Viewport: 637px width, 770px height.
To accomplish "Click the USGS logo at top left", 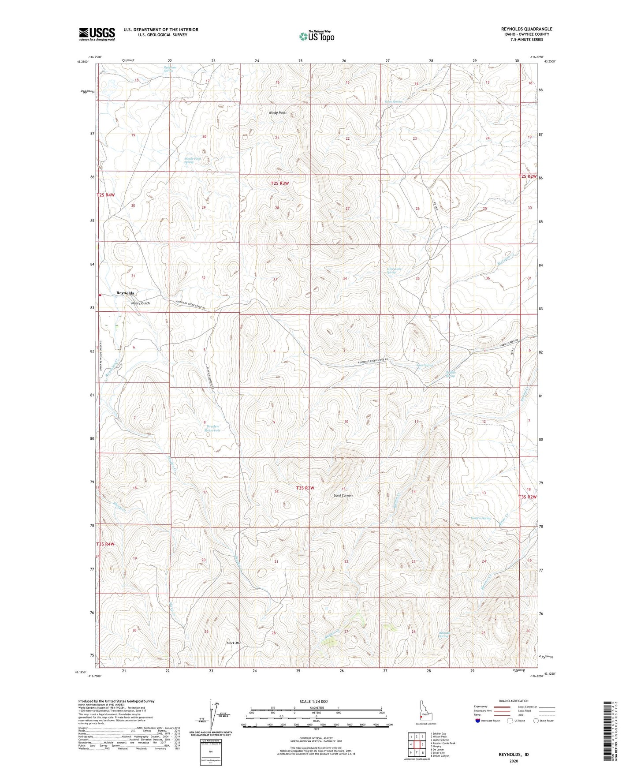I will click(x=97, y=34).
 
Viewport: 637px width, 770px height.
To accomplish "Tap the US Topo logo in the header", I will click(x=316, y=36).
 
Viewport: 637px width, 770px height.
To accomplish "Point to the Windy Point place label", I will click(x=277, y=113).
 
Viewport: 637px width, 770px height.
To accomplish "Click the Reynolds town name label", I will click(x=125, y=293).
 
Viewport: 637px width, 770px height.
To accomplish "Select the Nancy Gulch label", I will click(x=141, y=303).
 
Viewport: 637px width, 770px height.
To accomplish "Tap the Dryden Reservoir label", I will click(x=212, y=427).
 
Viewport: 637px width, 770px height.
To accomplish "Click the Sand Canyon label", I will click(x=343, y=495).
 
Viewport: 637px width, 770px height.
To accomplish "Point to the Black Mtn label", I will click(x=234, y=643).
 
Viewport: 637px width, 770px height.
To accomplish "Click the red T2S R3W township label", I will click(x=279, y=183).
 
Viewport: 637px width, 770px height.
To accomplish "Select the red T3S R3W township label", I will click(x=305, y=488).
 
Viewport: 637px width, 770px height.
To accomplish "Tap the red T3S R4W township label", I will click(x=105, y=544).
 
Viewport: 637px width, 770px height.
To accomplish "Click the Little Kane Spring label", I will click(x=394, y=270).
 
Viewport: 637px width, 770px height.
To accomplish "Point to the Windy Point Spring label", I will click(x=192, y=160).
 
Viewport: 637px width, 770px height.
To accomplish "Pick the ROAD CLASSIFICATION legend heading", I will click(x=513, y=701).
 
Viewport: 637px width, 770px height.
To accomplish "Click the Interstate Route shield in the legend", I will click(x=478, y=721).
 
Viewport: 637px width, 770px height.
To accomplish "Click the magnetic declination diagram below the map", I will click(x=214, y=717).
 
